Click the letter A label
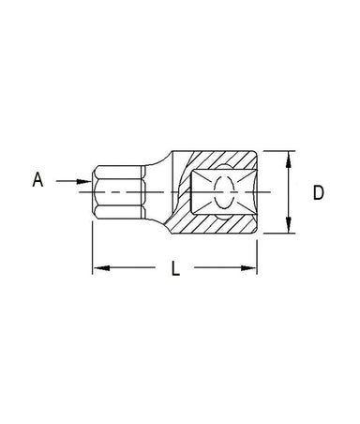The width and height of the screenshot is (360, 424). tap(37, 180)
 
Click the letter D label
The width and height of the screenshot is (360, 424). tap(319, 192)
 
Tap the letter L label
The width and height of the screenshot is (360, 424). tap(176, 268)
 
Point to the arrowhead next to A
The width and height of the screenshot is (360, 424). tap(83, 181)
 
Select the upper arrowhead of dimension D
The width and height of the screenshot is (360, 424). tap(289, 159)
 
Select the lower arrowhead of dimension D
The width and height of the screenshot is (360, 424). tap(289, 225)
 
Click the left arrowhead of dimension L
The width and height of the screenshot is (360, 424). tap(101, 268)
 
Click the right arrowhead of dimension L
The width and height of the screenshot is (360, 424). tap(248, 268)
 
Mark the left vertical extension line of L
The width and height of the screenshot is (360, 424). tap(93, 248)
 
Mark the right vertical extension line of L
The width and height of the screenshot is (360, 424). tap(257, 257)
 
